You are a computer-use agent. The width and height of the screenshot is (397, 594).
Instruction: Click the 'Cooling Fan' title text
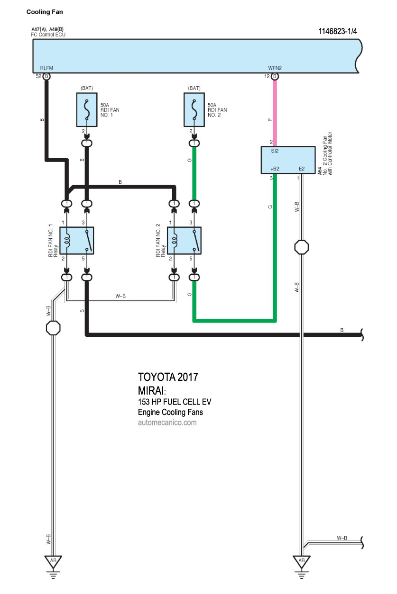click(x=45, y=12)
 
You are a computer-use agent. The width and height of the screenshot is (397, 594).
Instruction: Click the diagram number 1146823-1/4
click(x=338, y=31)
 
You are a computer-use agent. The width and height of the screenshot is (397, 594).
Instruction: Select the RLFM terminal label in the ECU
click(x=46, y=68)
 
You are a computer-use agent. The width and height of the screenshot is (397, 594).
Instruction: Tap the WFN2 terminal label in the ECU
click(x=275, y=68)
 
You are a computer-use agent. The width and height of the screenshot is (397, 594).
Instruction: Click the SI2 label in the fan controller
click(x=275, y=151)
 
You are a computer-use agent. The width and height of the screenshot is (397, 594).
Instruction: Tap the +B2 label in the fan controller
click(x=275, y=169)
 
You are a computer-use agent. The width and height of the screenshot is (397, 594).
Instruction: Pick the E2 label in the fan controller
click(x=302, y=169)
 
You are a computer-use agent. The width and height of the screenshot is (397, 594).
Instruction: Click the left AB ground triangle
click(x=53, y=562)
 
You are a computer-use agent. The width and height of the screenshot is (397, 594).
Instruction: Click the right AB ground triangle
click(x=301, y=562)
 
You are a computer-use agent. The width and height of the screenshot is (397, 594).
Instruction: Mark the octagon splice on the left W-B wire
click(x=53, y=328)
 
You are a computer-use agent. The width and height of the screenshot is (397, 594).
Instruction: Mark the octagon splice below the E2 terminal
click(x=302, y=247)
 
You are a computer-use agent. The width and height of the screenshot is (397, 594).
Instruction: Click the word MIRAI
click(x=151, y=391)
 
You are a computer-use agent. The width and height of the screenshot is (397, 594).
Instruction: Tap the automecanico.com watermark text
click(x=167, y=423)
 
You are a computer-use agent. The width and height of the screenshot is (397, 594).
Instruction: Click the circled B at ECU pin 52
click(x=46, y=76)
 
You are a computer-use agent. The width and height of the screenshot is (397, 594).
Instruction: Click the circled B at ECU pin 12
click(x=275, y=76)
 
